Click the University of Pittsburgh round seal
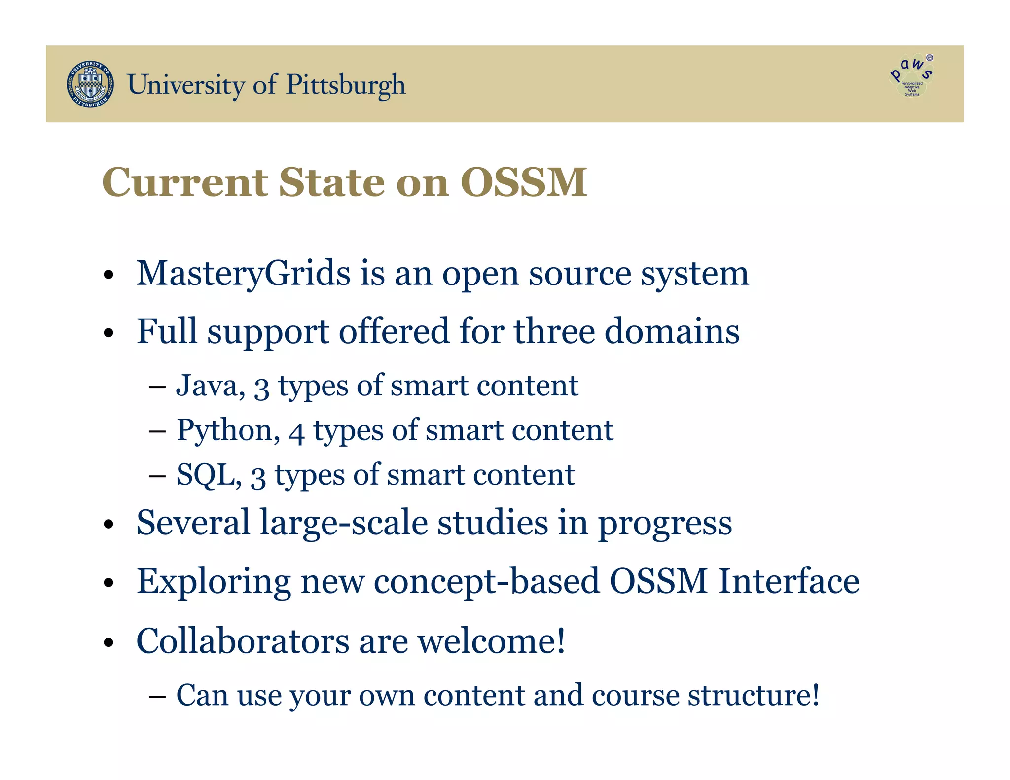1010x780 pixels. tap(90, 84)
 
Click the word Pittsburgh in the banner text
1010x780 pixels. tap(346, 85)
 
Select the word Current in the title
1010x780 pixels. tap(185, 182)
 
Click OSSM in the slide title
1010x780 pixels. tap(524, 182)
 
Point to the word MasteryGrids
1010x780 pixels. tap(243, 274)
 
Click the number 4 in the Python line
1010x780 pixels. tap(296, 432)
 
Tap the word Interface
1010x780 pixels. tap(788, 581)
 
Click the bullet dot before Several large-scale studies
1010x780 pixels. tap(109, 525)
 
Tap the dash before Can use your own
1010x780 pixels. tap(157, 696)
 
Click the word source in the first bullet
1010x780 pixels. tap(580, 274)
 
